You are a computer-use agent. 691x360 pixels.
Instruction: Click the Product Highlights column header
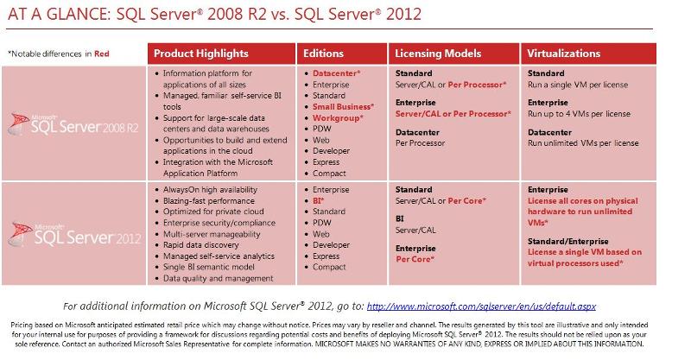[x=200, y=54]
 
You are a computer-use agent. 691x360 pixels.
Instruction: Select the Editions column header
[x=324, y=54]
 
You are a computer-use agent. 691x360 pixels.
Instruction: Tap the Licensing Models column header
[x=438, y=54]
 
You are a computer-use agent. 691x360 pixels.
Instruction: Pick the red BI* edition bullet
[x=320, y=199]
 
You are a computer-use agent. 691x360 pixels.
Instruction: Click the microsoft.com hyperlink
[x=482, y=306]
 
